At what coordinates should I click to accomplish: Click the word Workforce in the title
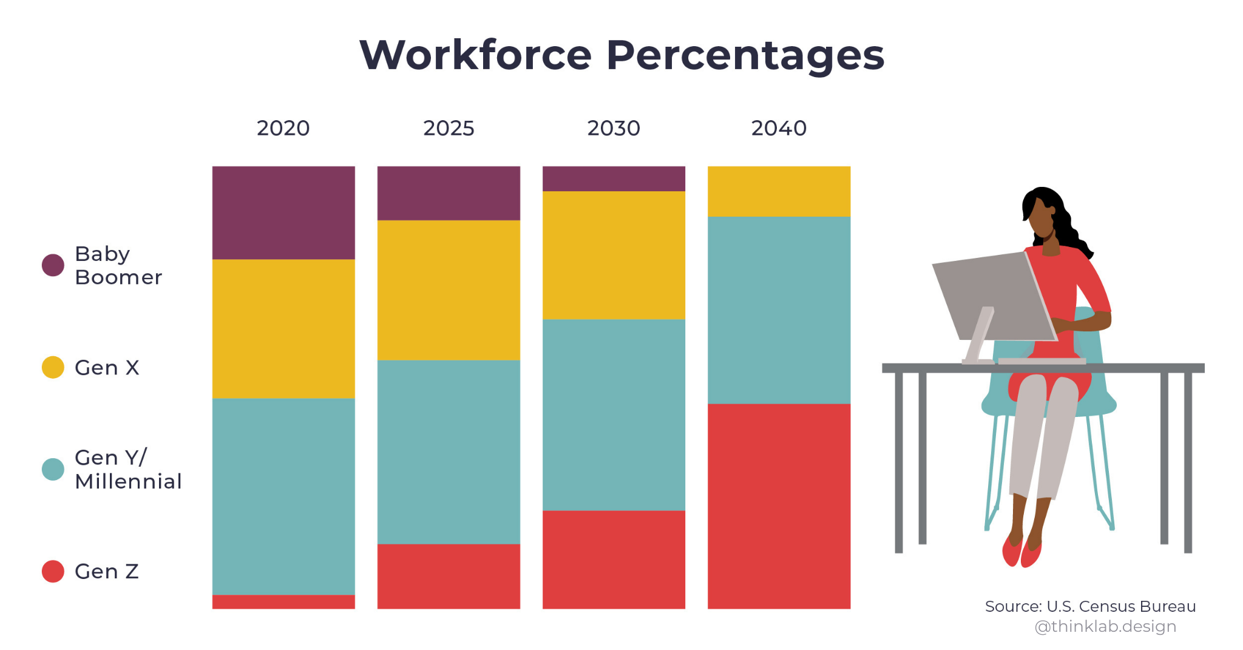coord(475,56)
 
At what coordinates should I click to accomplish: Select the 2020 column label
coord(283,129)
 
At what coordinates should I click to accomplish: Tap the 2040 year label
coord(779,129)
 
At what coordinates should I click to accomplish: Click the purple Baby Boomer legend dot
coord(53,265)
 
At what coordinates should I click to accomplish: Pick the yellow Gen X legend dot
coord(53,367)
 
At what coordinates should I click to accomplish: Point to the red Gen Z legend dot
coord(53,571)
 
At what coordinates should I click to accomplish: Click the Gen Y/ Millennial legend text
coord(127,469)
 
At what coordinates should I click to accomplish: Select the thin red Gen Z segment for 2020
coord(283,601)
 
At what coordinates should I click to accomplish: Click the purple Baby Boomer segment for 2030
coord(614,178)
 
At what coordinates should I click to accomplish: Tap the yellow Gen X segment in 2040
coord(779,191)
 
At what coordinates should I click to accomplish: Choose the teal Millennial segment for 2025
coord(449,452)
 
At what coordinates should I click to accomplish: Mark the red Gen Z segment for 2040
coord(779,506)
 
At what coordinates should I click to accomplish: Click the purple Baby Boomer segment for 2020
coord(283,212)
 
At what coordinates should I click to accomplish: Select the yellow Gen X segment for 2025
coord(449,290)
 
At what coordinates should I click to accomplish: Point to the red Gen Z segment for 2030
coord(614,559)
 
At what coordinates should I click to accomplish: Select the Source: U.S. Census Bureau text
coord(1090,606)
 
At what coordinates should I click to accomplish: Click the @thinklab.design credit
coord(1105,626)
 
